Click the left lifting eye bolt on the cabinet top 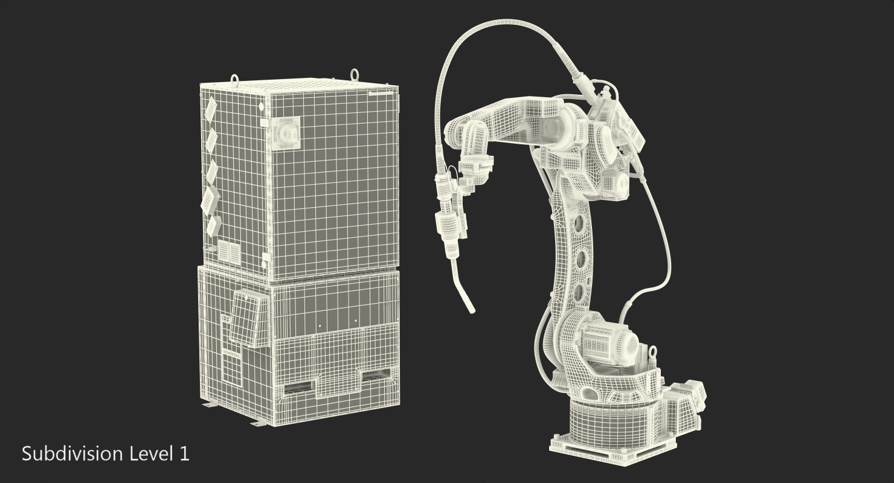click(x=234, y=79)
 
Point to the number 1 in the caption click(x=184, y=454)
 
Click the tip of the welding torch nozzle click(x=472, y=310)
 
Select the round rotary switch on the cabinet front click(x=286, y=133)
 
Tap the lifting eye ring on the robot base click(x=653, y=353)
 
